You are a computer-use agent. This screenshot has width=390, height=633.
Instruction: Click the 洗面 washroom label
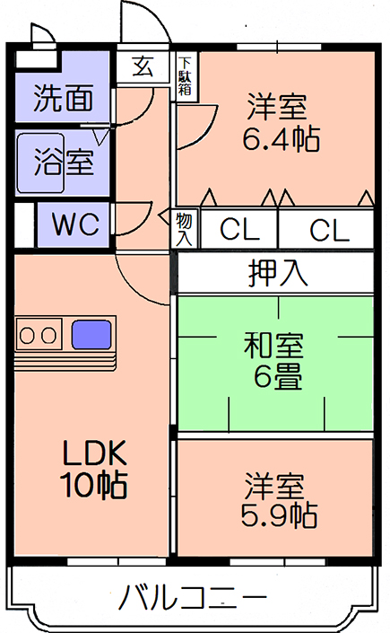pos(64,99)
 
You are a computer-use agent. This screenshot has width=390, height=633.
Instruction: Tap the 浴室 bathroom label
pos(65,162)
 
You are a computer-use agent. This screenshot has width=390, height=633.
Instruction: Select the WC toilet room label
pos(76,224)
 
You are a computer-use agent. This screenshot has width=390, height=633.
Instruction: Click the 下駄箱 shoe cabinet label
pos(185,76)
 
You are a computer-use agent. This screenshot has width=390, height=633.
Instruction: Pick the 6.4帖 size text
pos(282,138)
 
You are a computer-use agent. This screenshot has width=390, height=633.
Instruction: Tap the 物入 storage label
pos(184,229)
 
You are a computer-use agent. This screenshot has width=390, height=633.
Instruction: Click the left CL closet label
pos(239,230)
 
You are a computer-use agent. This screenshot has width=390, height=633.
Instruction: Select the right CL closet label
pos(329,231)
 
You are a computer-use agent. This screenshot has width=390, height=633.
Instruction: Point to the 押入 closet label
pos(278,272)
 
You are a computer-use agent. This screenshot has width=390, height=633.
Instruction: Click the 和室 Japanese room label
pos(273,346)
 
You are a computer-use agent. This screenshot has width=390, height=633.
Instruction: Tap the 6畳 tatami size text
pos(278,376)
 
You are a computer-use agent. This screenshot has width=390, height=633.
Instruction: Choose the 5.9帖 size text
pos(279,515)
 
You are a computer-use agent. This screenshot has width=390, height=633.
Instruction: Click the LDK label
pos(95,453)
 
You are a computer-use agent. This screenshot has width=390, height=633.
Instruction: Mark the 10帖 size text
pos(93,484)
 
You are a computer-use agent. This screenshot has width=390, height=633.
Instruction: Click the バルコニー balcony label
pos(193,597)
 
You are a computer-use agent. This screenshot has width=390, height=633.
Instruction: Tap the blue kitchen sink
pos(91,335)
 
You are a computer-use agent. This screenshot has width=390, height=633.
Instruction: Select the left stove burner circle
pos(27,335)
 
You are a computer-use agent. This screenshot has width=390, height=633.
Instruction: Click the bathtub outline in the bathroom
pos(40,163)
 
